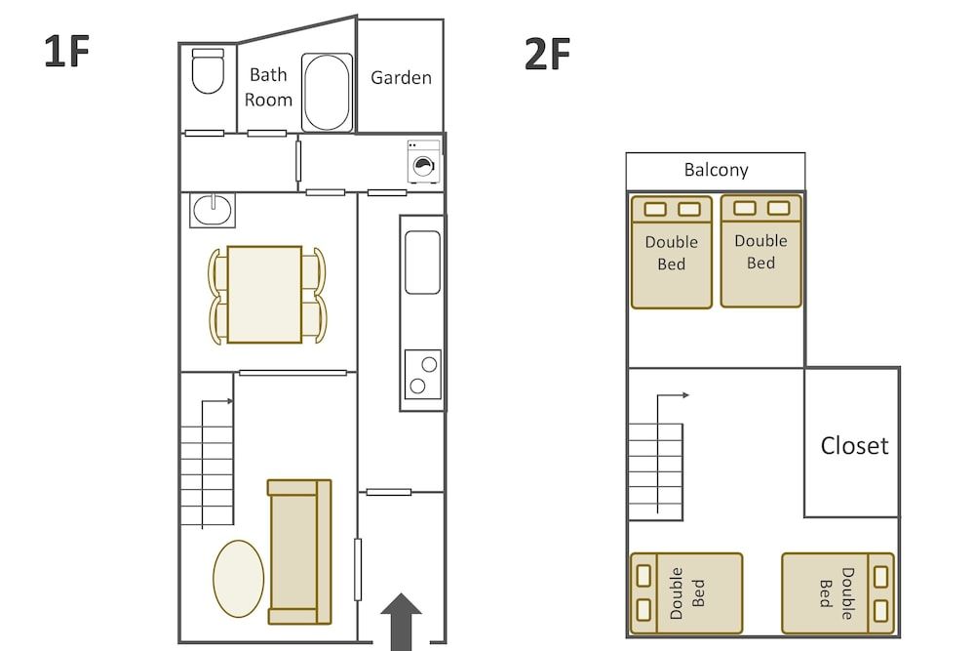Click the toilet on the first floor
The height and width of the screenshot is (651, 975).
click(x=208, y=71)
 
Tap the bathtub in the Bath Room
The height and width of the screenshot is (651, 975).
click(x=327, y=93)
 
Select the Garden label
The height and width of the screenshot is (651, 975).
click(x=401, y=78)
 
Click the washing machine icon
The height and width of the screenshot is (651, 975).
click(x=423, y=162)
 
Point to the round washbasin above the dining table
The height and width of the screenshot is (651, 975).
click(x=212, y=209)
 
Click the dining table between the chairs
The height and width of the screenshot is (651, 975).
click(x=265, y=294)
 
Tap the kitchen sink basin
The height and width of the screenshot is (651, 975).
click(x=422, y=262)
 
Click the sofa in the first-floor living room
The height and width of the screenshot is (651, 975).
click(x=299, y=551)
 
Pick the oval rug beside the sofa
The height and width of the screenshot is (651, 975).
click(x=239, y=579)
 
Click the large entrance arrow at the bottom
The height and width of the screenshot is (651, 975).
click(x=401, y=622)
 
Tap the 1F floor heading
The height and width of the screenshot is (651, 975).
click(x=66, y=53)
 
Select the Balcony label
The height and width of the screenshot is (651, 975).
click(x=716, y=170)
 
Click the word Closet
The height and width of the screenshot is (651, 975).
click(x=854, y=446)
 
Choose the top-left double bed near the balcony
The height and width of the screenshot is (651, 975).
click(x=672, y=252)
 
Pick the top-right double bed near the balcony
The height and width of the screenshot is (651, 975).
click(x=760, y=251)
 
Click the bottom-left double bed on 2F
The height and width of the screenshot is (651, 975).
click(x=686, y=593)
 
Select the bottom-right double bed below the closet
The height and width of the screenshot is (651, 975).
click(x=838, y=593)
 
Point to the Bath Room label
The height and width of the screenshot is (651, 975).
click(x=268, y=87)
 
